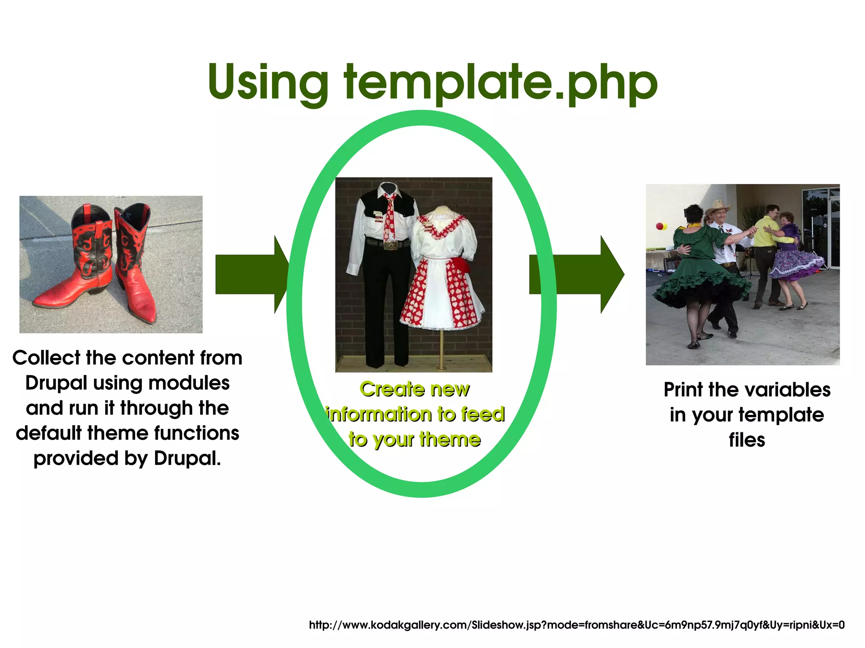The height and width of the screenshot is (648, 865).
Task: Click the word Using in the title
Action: (268, 82)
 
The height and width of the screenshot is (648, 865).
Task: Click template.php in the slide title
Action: (501, 82)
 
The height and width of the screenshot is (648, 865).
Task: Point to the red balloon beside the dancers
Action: (659, 226)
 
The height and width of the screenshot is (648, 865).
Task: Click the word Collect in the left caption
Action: (46, 358)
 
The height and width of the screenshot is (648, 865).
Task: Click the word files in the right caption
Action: (747, 440)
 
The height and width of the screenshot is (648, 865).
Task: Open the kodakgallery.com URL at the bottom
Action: (577, 625)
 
